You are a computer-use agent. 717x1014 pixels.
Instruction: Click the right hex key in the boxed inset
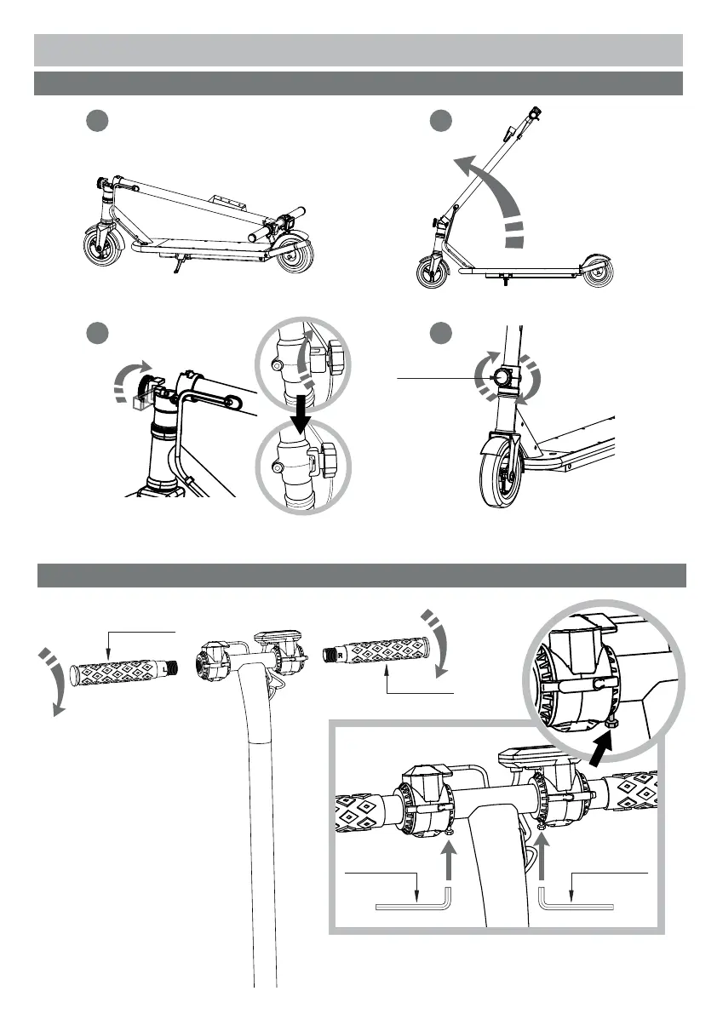pos(576,904)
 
